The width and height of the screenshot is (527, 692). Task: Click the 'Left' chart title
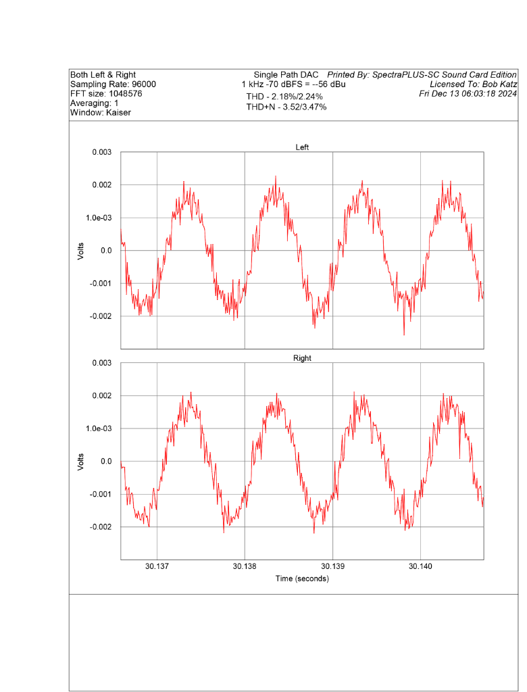302,147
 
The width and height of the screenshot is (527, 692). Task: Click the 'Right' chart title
302,358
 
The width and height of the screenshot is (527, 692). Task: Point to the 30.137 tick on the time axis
157,566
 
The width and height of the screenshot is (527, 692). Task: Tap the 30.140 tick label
420,566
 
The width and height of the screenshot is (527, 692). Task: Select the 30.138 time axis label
245,566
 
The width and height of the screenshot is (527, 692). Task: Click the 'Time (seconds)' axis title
302,579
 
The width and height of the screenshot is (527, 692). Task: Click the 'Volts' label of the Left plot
81,251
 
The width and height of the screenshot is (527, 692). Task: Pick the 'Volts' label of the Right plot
81,462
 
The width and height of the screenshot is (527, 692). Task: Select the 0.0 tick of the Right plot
106,462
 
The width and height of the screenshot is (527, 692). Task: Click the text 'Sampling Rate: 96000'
113,84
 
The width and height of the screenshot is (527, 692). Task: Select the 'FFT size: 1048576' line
106,94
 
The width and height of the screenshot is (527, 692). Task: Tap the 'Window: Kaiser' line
101,113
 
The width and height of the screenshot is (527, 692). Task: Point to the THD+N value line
286,107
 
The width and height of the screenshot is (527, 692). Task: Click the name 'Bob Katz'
497,84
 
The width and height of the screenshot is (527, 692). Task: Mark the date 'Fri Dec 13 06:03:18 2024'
468,93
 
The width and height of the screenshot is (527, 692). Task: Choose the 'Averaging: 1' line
95,103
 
